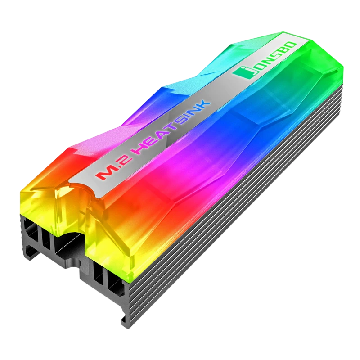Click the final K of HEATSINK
pyautogui.click(x=203, y=107)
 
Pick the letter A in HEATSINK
pyautogui.click(x=162, y=136)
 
